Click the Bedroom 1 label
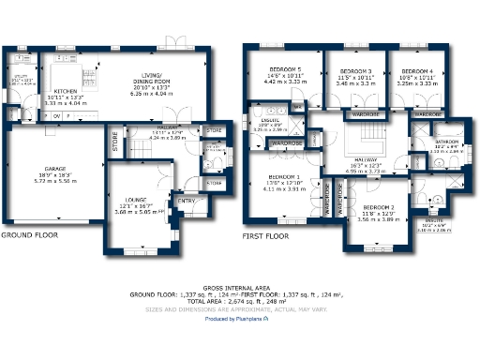pos(284,177)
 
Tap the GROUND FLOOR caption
pos(31,236)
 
